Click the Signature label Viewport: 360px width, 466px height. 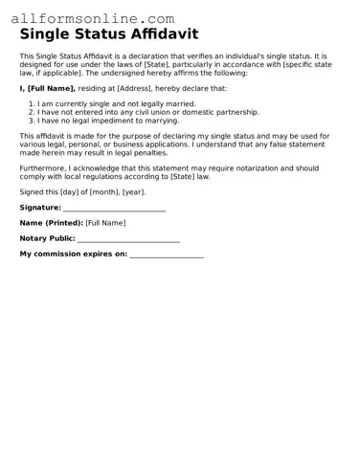40,207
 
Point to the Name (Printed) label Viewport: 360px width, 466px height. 51,223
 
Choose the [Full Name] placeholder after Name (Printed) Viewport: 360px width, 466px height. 105,223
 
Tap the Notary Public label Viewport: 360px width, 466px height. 47,238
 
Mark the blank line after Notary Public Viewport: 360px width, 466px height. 128,240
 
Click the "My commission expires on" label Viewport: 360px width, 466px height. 73,254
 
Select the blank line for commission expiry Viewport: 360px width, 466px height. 166,255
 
